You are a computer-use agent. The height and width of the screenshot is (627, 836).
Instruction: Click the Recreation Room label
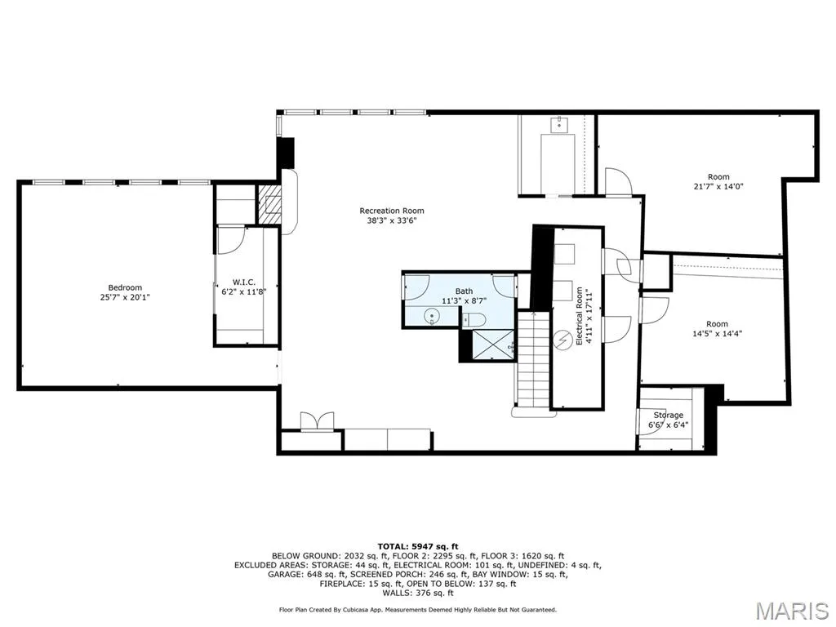(391, 211)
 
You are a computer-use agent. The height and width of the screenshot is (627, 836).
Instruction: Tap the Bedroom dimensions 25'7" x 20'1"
(125, 297)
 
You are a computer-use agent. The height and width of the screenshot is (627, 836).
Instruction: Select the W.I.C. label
(243, 282)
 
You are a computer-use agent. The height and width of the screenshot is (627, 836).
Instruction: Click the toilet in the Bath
(474, 319)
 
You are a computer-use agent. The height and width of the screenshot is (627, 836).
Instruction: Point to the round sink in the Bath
(431, 318)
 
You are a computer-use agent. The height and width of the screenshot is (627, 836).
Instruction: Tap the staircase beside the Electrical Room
(532, 363)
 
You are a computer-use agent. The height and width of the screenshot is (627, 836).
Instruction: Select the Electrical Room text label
(580, 316)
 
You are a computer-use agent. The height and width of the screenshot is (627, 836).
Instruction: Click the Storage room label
(668, 415)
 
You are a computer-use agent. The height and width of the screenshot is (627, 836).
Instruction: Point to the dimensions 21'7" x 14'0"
(718, 186)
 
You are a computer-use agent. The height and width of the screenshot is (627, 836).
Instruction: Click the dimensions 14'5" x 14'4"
(717, 333)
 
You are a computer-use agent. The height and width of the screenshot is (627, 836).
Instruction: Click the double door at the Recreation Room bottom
(318, 420)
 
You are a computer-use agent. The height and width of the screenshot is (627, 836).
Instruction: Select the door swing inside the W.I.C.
(231, 239)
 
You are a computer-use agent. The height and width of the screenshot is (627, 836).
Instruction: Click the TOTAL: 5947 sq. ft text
(418, 546)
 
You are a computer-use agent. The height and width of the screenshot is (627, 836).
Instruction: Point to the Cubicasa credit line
(417, 609)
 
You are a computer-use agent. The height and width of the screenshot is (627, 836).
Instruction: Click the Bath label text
(464, 291)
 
